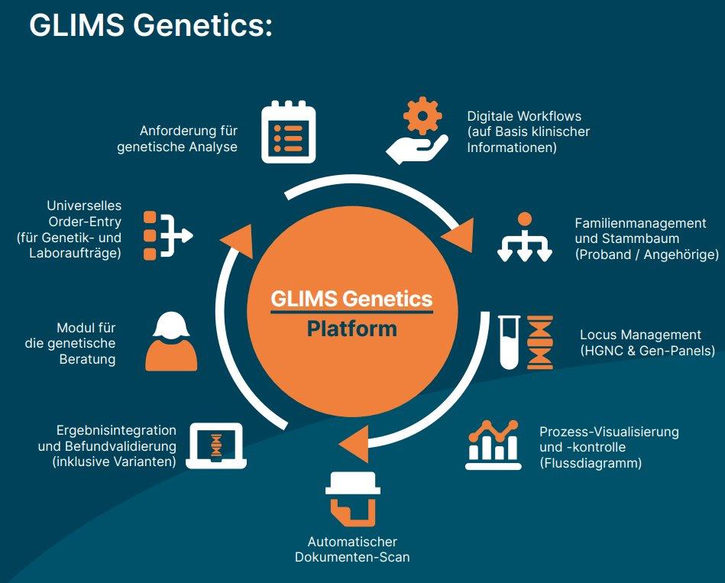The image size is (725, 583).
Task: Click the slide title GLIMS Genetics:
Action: (x=151, y=25)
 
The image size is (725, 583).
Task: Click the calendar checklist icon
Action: (x=289, y=132)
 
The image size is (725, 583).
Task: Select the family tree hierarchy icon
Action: (x=524, y=237)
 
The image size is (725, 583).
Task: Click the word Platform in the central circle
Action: (x=352, y=329)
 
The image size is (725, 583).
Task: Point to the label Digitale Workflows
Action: (x=524, y=117)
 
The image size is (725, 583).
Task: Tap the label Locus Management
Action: (x=640, y=335)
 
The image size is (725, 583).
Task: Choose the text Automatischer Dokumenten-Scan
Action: (x=352, y=549)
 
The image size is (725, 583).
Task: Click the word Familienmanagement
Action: (x=640, y=223)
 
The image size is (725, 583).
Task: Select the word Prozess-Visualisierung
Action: (x=609, y=432)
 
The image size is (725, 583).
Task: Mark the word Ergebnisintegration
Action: (x=116, y=430)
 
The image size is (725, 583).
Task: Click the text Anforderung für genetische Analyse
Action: (x=177, y=138)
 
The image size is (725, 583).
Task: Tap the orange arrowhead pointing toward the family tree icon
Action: (x=460, y=239)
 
